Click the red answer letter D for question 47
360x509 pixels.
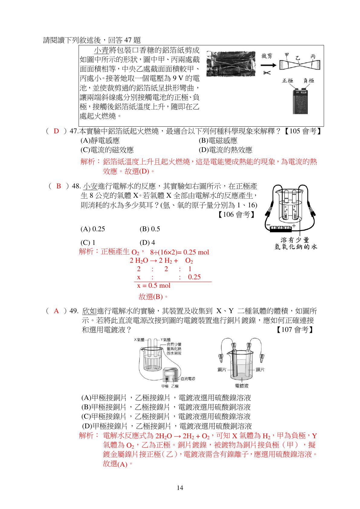pyautogui.click(x=56, y=131)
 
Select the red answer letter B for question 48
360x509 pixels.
pyautogui.click(x=59, y=186)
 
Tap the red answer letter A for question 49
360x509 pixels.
pyautogui.click(x=56, y=311)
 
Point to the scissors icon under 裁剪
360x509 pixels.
pyautogui.click(x=267, y=73)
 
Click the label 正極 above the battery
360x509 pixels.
pyautogui.click(x=287, y=81)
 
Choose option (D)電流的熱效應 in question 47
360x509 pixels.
pyautogui.click(x=225, y=150)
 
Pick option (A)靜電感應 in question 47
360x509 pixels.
pyautogui.click(x=100, y=141)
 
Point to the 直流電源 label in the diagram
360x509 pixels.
pyautogui.click(x=188, y=379)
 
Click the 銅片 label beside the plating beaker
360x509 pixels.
pyautogui.click(x=222, y=369)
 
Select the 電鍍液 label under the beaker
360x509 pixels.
pyautogui.click(x=242, y=386)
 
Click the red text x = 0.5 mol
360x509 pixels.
pyautogui.click(x=154, y=286)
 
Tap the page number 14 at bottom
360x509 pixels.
pyautogui.click(x=180, y=488)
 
